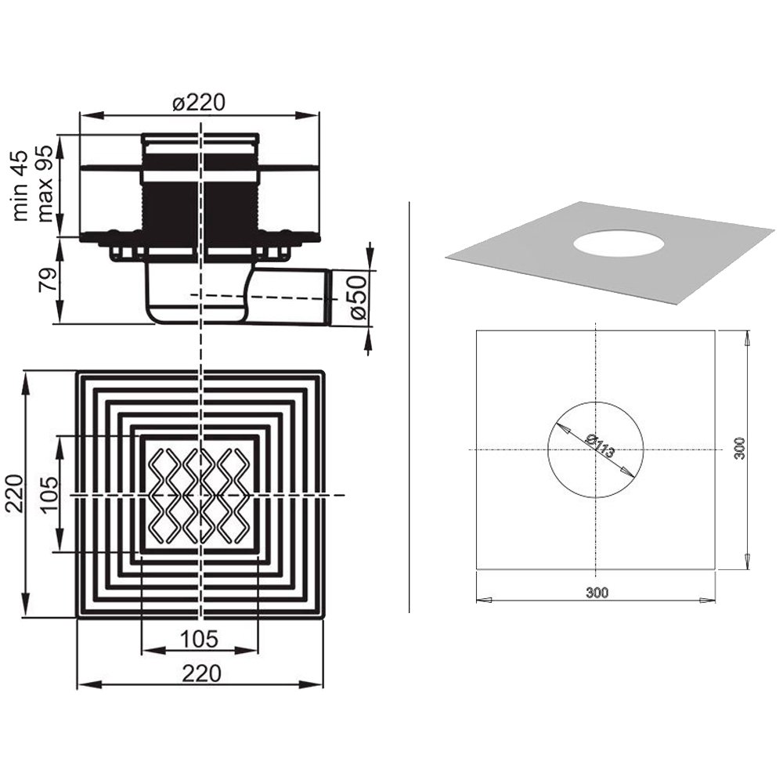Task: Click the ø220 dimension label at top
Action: [x=199, y=103]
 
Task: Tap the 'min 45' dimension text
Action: [x=20, y=186]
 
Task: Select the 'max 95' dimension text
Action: [x=45, y=184]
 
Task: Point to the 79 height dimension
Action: [x=46, y=280]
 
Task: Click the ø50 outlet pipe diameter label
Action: [x=358, y=298]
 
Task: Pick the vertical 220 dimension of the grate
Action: [x=14, y=493]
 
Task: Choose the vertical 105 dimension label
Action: [x=49, y=494]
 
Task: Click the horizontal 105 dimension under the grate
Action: [x=199, y=639]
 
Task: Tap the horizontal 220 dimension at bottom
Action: [x=201, y=673]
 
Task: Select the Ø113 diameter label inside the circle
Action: [x=600, y=446]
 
